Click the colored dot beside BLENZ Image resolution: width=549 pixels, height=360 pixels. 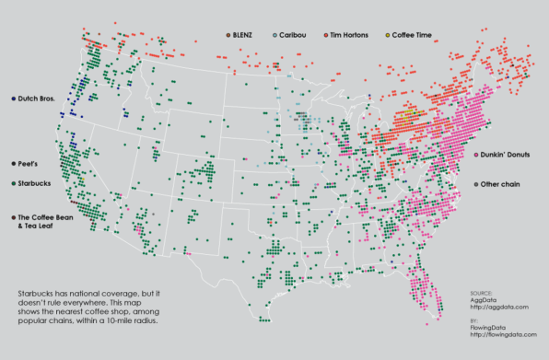[x=228, y=35]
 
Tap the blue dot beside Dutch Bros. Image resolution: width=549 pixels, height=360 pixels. [x=11, y=99]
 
